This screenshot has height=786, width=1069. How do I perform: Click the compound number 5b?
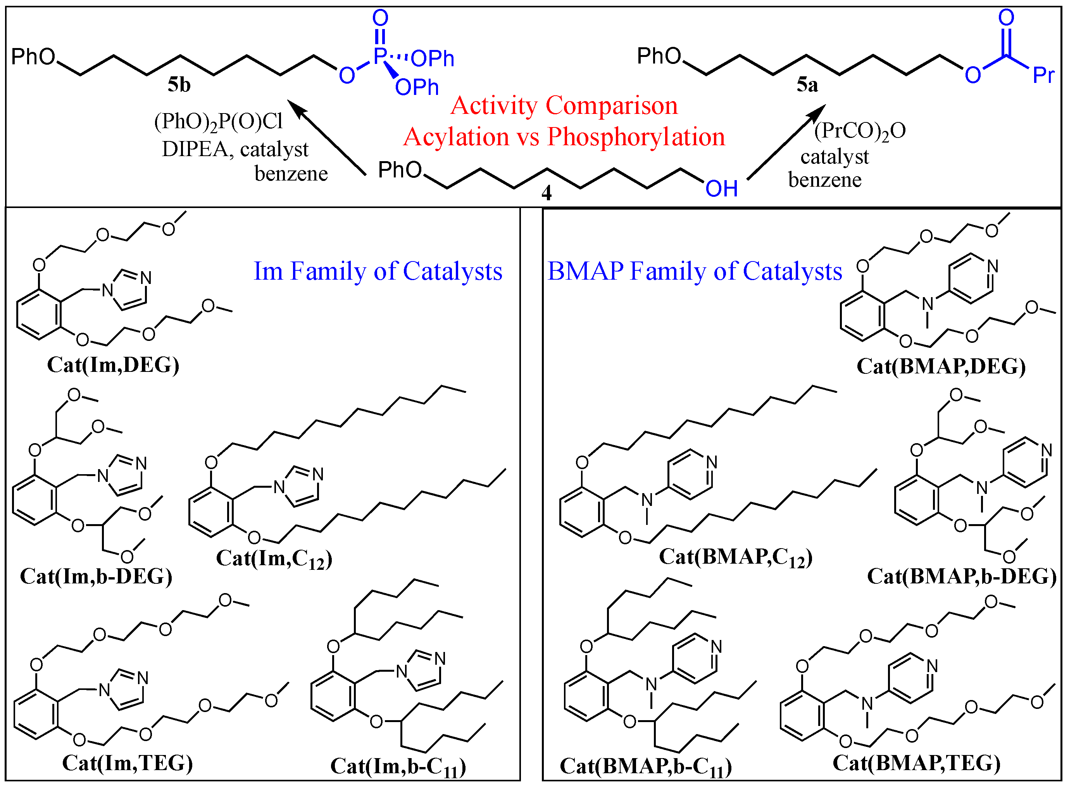179,85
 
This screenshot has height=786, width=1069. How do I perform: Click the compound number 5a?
807,85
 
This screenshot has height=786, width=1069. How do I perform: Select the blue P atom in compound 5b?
379,56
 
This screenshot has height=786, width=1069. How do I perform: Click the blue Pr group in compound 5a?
1043,75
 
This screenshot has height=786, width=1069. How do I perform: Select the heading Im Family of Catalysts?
378,271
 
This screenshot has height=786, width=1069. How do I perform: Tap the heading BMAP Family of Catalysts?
695,271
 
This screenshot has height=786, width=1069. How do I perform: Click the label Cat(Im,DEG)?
113,365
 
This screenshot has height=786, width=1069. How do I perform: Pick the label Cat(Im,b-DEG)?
96,576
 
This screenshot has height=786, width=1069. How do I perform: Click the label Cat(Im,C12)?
274,559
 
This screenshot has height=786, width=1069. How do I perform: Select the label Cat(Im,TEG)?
128,763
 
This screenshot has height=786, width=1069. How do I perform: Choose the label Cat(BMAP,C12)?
735,557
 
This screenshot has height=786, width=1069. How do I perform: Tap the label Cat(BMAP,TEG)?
916,763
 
